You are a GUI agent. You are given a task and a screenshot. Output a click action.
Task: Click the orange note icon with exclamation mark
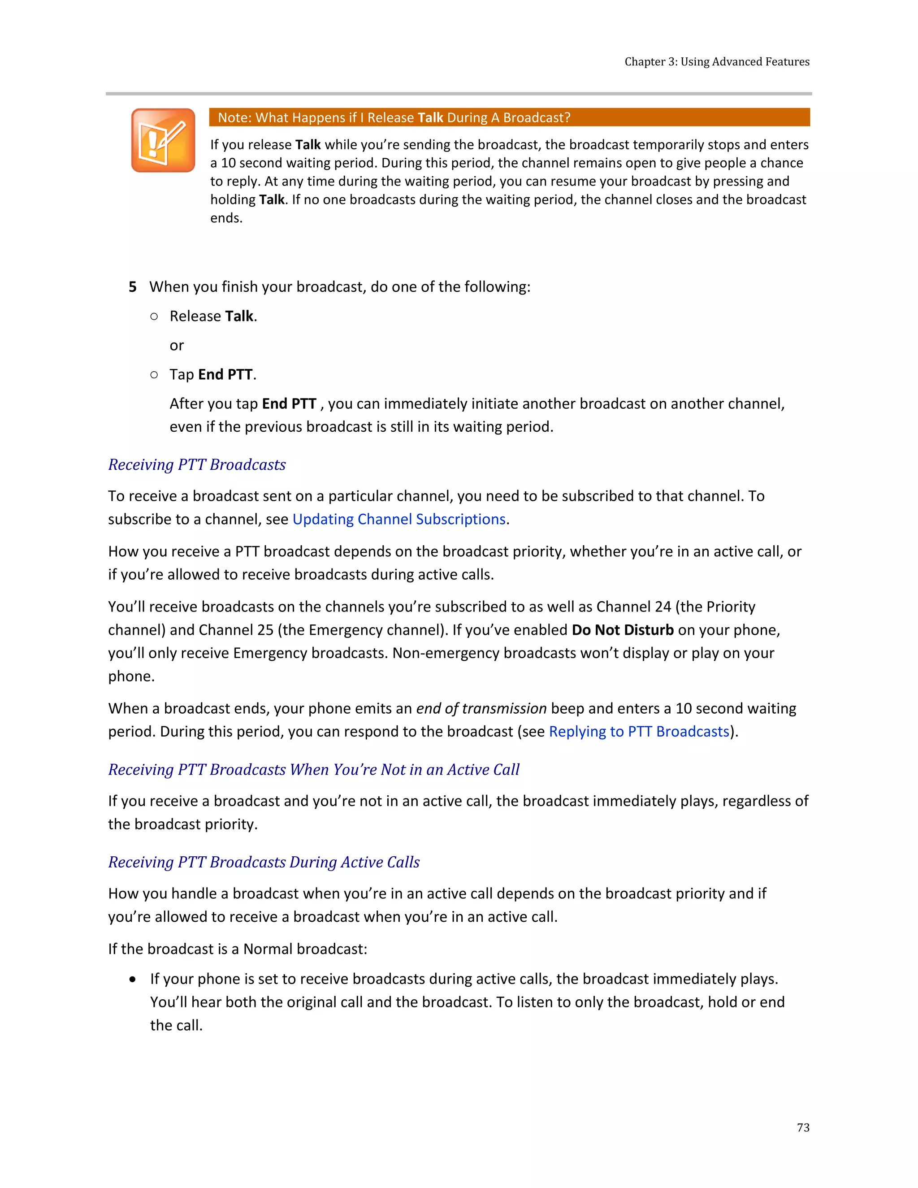click(x=163, y=140)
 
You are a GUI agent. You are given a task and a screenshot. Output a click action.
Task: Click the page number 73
click(x=803, y=1127)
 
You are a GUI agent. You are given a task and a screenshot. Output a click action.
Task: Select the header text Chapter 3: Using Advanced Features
click(x=716, y=62)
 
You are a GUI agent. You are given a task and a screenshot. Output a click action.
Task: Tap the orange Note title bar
click(x=509, y=117)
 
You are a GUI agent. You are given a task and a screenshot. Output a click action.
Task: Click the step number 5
click(x=133, y=287)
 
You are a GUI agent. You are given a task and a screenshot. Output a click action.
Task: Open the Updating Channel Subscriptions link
click(x=398, y=520)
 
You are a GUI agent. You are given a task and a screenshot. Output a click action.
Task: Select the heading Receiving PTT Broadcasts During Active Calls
click(x=264, y=862)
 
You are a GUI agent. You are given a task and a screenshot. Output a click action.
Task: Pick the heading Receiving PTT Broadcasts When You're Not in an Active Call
click(x=314, y=770)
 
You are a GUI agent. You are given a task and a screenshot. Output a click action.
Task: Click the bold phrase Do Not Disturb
click(x=622, y=630)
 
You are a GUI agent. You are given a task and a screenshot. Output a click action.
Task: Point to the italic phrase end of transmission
click(x=481, y=709)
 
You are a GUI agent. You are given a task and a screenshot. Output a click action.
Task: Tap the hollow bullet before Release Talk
click(x=155, y=317)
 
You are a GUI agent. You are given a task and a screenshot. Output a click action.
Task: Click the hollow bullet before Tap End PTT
click(x=155, y=375)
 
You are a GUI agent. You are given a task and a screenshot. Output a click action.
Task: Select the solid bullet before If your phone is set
click(x=133, y=980)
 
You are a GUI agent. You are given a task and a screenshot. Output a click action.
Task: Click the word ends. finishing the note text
click(x=226, y=218)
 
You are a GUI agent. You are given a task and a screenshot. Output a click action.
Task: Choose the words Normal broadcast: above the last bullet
click(x=305, y=949)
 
